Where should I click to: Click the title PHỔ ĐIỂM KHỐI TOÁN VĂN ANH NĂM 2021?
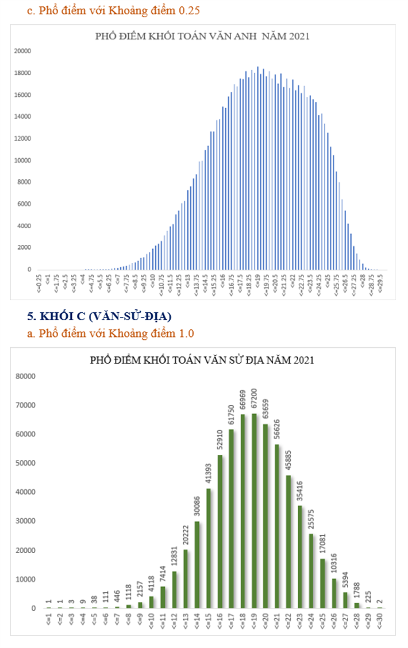(x=202, y=37)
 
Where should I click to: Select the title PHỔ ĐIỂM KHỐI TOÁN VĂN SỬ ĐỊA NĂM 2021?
(x=202, y=361)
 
